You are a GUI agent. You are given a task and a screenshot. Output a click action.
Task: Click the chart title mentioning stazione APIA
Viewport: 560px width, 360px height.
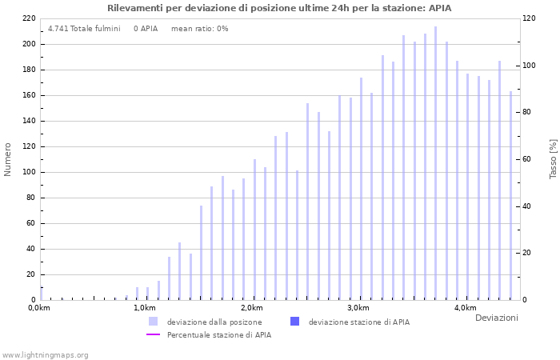[279, 8]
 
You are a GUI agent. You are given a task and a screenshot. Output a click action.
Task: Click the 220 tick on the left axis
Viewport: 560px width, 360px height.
[29, 18]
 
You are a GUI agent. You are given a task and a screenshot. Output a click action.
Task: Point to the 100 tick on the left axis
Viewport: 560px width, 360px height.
[29, 172]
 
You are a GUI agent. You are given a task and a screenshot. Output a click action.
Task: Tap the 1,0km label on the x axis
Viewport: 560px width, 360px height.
[145, 308]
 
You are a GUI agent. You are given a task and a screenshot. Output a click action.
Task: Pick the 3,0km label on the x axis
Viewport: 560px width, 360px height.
[358, 308]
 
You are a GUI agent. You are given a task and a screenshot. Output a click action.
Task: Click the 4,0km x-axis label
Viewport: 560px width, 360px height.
[465, 308]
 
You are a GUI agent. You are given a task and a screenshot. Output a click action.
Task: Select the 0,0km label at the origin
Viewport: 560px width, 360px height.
[39, 308]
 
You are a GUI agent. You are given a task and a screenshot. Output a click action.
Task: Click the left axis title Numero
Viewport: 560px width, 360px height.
[8, 159]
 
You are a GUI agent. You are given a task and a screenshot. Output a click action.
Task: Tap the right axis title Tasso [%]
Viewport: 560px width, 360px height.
[553, 159]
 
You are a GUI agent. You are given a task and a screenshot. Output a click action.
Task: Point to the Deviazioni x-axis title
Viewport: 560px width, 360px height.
[496, 318]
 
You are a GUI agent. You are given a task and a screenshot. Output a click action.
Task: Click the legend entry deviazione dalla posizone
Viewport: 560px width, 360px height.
[214, 322]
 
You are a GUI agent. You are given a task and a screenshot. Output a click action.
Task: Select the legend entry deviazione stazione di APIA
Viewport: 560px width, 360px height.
[358, 322]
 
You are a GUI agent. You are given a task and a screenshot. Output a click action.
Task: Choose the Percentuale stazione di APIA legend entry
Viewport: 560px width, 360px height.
[218, 335]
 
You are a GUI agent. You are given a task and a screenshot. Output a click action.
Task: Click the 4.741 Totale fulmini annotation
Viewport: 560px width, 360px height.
[84, 29]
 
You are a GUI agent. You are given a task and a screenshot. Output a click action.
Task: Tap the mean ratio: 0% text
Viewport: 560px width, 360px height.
[200, 29]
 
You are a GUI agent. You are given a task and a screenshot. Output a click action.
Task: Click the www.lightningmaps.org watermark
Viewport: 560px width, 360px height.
[46, 355]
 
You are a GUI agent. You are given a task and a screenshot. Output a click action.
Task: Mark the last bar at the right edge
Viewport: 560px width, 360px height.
[510, 196]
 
